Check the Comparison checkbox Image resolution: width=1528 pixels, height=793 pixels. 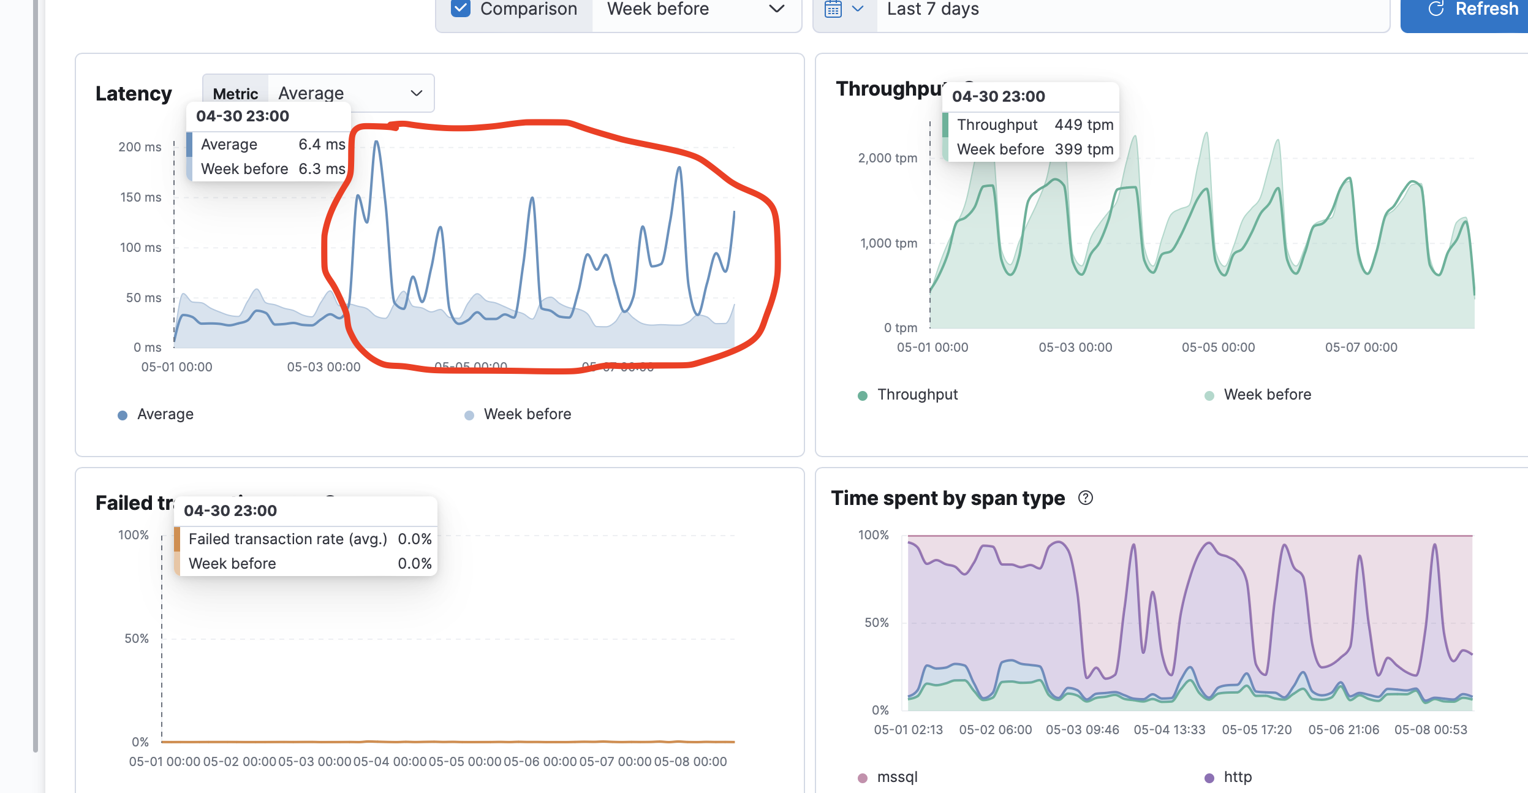tap(460, 9)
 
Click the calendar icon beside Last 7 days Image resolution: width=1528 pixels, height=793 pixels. tap(833, 9)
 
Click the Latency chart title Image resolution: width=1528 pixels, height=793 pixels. tap(134, 94)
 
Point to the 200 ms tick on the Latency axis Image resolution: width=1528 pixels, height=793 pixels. tap(140, 147)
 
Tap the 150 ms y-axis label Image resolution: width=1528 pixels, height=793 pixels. tap(140, 197)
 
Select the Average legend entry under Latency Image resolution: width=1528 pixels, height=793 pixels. tap(165, 414)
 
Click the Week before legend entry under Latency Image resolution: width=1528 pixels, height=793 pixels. tap(527, 414)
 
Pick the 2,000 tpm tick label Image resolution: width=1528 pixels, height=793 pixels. tap(887, 158)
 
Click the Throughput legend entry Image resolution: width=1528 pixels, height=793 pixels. tap(917, 395)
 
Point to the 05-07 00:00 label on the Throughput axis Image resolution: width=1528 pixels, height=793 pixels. tap(1361, 347)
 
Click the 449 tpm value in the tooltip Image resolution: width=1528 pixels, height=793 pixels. tap(1083, 125)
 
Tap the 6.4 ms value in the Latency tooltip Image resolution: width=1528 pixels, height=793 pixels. tap(322, 145)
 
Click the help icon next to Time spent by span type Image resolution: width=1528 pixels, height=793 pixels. tap(1085, 498)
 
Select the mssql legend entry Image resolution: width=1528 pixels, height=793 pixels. tap(897, 777)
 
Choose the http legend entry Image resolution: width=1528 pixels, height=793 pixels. tap(1237, 777)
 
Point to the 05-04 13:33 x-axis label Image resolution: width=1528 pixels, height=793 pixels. tap(1169, 730)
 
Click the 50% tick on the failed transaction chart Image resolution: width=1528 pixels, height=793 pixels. tap(137, 639)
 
